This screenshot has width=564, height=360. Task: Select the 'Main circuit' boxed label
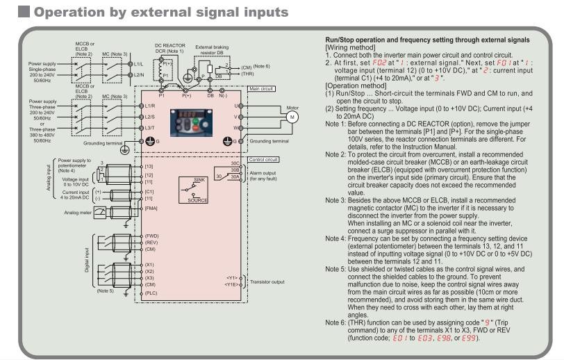pos(260,89)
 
